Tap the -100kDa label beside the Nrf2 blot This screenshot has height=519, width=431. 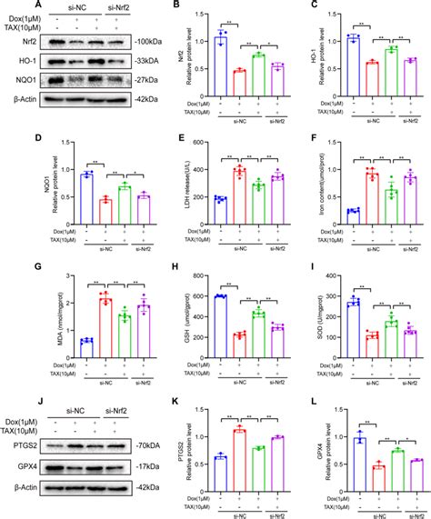click(x=126, y=43)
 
